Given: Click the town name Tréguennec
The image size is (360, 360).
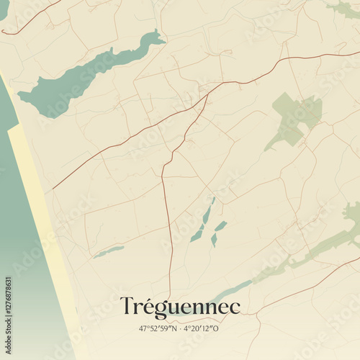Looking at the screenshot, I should (x=180, y=306).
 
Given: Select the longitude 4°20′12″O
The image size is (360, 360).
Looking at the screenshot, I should (x=202, y=328).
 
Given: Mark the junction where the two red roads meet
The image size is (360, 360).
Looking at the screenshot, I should (x=207, y=94).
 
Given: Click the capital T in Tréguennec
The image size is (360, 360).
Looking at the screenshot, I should (x=127, y=305).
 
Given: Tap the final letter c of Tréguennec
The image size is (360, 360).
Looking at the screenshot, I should (x=235, y=307).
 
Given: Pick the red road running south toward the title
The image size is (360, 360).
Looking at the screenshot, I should (x=168, y=216).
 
